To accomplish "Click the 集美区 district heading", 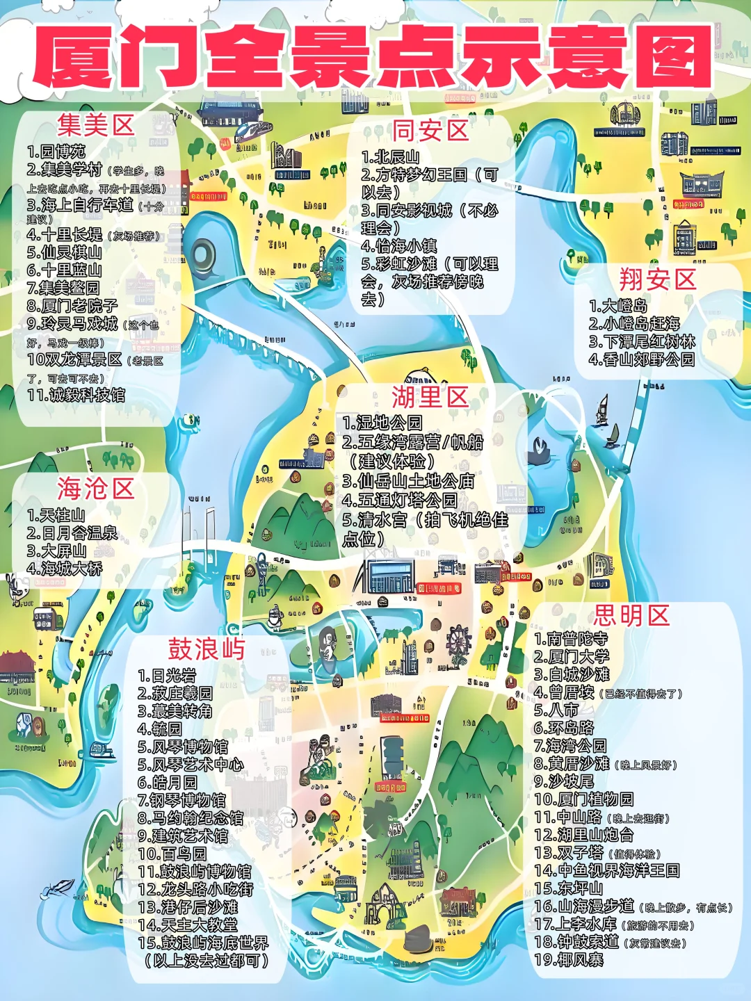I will pos(96,126).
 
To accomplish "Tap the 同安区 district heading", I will pos(430,131).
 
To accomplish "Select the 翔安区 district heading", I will pos(658,280).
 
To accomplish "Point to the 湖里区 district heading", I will pos(430,398).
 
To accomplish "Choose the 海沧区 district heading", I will pos(95,489).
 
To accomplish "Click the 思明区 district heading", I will pos(631,615).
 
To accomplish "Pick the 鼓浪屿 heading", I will pos(207,649).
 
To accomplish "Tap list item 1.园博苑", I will pos(56,152).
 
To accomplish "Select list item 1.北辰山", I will pos(391,157).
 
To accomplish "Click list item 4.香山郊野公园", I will pos(642,359).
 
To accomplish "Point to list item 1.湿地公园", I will pos(382,423).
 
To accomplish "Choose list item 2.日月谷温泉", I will pos(72,533).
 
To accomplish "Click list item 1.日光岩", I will pos(167,676).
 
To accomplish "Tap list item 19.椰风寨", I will pos(569,960).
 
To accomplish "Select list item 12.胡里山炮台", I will pos(584,834).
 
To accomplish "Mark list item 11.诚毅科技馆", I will pos(76,396).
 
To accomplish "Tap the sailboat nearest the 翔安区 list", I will pos(602,409).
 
